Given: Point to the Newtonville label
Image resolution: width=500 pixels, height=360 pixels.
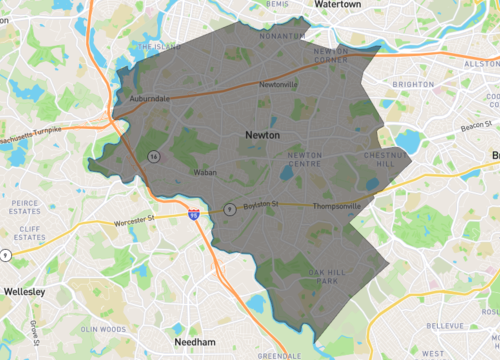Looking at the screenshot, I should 279,85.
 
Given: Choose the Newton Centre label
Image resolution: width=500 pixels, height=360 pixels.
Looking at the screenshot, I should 305,159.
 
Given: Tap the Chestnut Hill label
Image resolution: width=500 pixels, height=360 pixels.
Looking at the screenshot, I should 380,160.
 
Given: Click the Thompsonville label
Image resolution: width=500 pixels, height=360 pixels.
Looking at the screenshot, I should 336,207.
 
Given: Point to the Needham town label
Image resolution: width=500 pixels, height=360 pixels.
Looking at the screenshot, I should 195,341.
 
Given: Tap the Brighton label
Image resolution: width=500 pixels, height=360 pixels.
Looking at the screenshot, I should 414,85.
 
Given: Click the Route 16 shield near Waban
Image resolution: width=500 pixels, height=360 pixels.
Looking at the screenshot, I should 153,156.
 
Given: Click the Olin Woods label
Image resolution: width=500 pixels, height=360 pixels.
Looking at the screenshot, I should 102,329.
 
